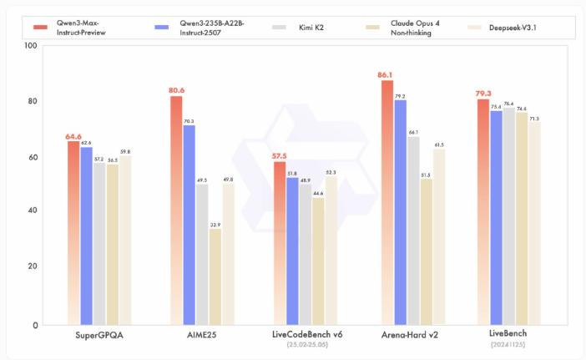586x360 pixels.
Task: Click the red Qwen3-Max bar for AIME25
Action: click(x=176, y=209)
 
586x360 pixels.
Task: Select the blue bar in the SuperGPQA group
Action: click(x=86, y=235)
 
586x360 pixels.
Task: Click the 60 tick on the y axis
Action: click(x=31, y=156)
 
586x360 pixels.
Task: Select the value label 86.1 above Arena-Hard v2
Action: click(x=386, y=74)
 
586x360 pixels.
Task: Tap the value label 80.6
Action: click(x=176, y=90)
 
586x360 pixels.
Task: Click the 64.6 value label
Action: click(x=73, y=135)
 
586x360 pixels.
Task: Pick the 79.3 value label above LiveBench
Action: click(x=482, y=93)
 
